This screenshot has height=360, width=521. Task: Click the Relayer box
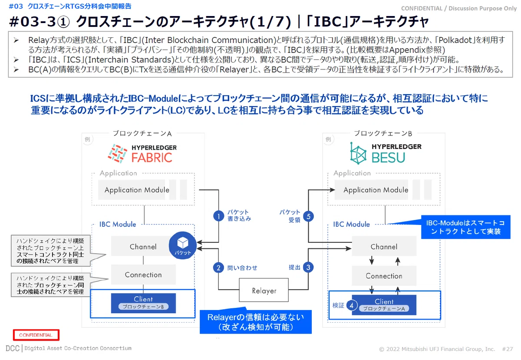point(264,290)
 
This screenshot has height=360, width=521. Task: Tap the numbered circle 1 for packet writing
point(218,216)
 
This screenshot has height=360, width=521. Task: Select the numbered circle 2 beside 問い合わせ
point(218,268)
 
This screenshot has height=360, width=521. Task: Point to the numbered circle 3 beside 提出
point(308,268)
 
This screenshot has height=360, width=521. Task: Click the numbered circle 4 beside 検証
point(352,305)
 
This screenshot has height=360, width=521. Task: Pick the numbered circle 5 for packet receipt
point(308,216)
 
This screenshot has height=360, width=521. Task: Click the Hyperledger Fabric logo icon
point(118,154)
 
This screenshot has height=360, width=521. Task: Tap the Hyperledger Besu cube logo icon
point(358,153)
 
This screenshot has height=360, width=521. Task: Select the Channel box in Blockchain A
point(143,246)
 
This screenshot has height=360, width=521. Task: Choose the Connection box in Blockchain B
point(384,276)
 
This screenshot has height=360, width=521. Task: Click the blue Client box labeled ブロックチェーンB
point(143,303)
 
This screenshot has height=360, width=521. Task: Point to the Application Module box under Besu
point(376,190)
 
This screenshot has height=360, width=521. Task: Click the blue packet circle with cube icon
point(183,245)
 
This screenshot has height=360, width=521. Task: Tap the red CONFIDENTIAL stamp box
point(36,335)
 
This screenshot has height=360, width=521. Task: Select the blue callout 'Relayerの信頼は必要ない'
point(256,322)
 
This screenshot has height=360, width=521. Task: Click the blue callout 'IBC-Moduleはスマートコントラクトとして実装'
point(465,227)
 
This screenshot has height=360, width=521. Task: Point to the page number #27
point(507,349)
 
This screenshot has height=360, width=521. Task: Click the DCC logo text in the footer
point(13,348)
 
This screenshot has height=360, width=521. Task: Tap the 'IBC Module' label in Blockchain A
point(118,224)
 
